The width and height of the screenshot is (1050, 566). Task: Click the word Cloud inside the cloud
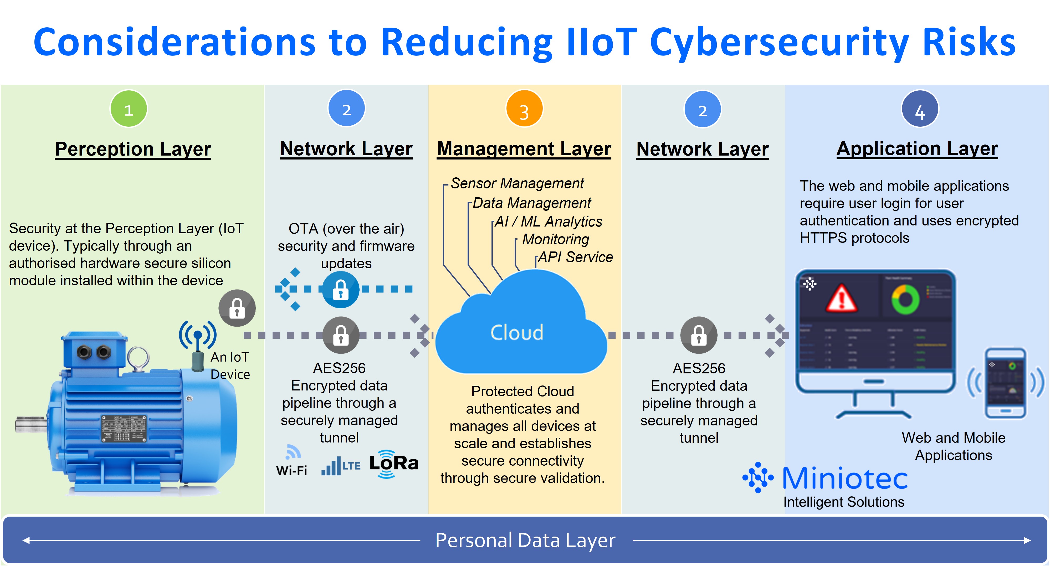517,332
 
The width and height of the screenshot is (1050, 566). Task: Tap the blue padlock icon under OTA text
341,290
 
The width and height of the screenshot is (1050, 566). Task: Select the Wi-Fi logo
292,462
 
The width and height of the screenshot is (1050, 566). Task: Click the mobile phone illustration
1006,383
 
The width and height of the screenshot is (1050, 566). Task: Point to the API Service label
575,257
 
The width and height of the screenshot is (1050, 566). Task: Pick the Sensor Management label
517,183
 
